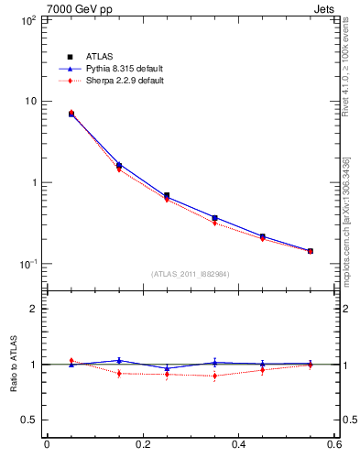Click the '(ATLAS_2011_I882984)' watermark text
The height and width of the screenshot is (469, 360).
point(190,274)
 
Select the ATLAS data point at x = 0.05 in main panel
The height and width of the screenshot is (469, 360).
point(71,114)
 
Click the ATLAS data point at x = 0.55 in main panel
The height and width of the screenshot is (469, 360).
point(310,251)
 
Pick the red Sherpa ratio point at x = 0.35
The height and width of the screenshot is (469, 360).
point(214,376)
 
